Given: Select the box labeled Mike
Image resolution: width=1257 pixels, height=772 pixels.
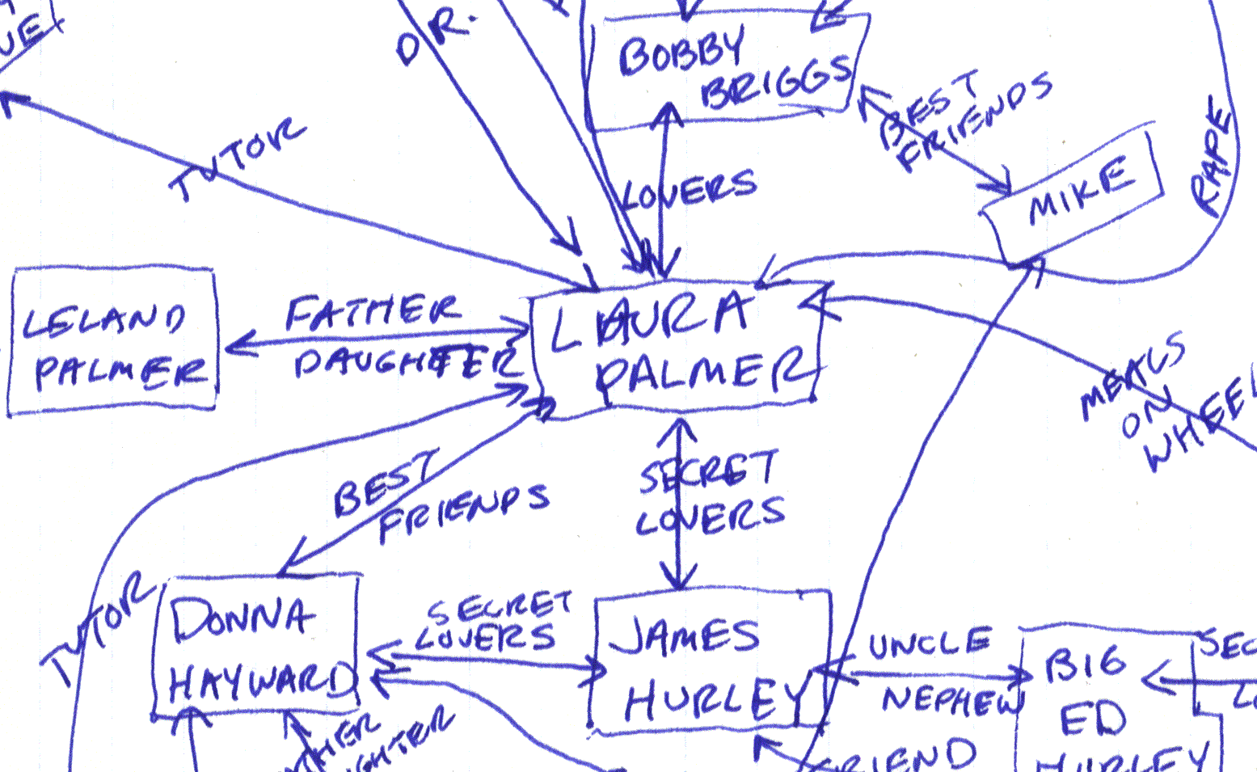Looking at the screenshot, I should [x=1075, y=194].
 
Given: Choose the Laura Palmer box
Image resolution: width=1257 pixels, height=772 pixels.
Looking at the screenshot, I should [x=679, y=348].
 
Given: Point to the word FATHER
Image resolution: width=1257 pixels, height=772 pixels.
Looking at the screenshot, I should [x=372, y=311].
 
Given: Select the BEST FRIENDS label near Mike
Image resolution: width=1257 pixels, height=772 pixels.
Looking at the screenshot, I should [x=962, y=117].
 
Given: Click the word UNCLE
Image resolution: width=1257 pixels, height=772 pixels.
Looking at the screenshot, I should [x=930, y=644].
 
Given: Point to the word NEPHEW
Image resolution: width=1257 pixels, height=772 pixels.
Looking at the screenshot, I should [x=950, y=700].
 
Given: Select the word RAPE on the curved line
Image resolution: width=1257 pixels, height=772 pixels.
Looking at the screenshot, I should [x=1213, y=158].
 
